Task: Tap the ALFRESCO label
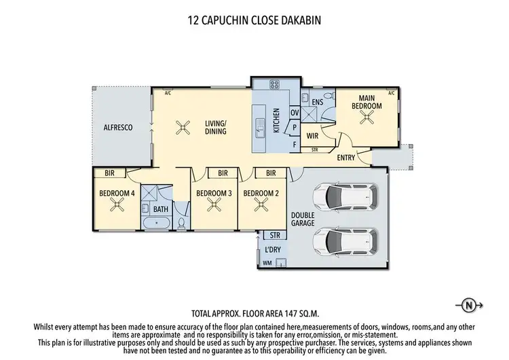click(117, 127)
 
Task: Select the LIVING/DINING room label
click(216, 127)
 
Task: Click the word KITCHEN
click(277, 120)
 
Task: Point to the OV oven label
click(295, 112)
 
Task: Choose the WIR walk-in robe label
click(313, 135)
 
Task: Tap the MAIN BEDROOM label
click(366, 103)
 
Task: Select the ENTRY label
click(346, 158)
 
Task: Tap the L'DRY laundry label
click(274, 250)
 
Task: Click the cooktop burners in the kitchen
click(276, 85)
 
